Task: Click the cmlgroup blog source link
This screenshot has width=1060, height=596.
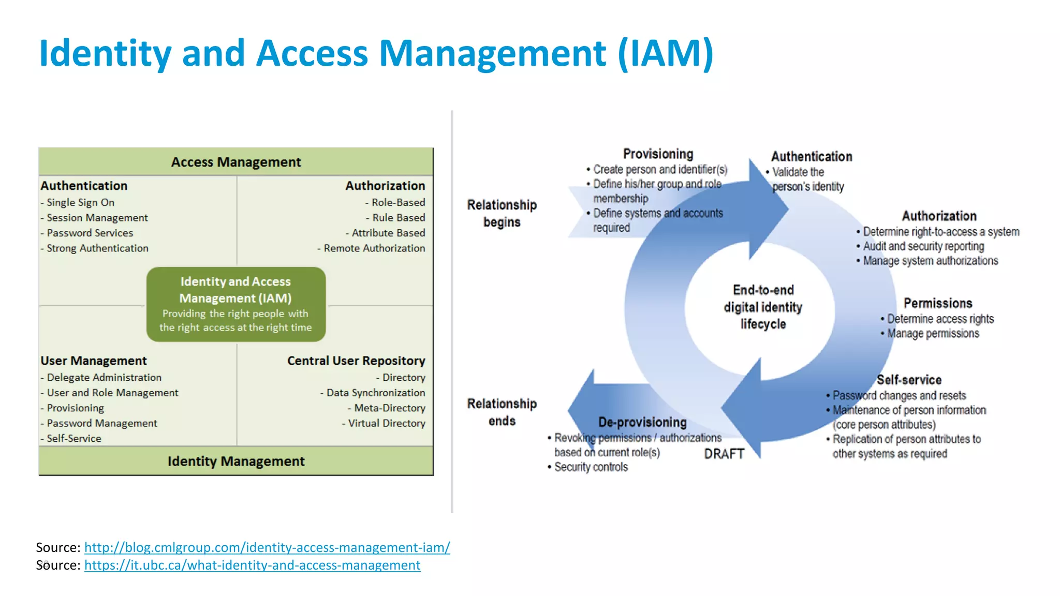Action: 267,547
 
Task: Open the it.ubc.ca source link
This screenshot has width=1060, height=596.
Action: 252,565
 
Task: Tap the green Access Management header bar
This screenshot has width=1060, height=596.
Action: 236,162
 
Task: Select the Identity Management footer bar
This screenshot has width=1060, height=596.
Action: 236,461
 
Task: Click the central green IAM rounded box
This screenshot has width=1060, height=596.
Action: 236,304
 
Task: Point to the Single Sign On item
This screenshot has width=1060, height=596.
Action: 80,202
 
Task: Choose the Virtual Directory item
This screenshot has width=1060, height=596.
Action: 386,423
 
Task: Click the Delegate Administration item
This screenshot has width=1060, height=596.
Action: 104,378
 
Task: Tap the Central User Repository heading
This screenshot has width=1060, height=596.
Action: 356,361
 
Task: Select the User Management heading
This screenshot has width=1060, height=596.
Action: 94,361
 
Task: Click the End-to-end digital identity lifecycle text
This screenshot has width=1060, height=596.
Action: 763,307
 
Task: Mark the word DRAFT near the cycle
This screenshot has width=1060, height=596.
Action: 724,454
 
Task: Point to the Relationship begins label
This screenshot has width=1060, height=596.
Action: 502,213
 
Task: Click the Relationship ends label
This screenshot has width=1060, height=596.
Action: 502,412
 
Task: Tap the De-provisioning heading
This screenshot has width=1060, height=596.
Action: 642,422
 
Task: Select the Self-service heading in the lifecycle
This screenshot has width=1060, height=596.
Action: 909,380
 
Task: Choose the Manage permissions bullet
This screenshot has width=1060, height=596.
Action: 933,334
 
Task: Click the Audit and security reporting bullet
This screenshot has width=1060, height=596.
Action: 923,246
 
